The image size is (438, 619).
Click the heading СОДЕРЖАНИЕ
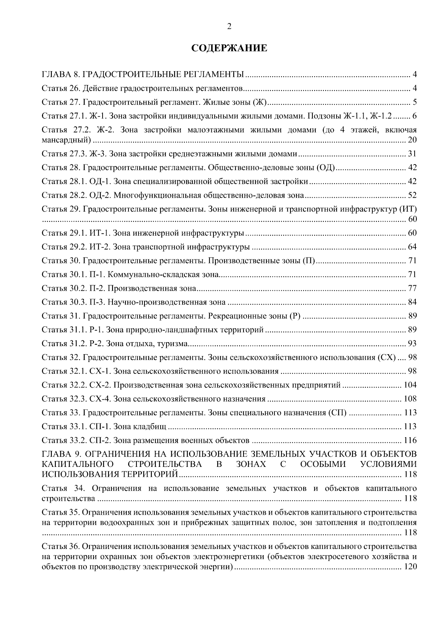[229, 48]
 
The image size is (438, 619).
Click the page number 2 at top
[229, 26]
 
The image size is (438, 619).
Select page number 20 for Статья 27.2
[412, 140]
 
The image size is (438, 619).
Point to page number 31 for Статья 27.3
[412, 154]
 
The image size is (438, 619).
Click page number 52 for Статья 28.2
[412, 196]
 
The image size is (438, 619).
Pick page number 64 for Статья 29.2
[412, 247]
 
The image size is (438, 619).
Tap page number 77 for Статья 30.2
[412, 289]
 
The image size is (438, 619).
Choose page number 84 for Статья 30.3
[412, 302]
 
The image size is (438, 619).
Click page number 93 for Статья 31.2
[412, 344]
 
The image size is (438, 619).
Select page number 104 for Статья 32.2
[410, 385]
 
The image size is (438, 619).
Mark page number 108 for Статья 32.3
[410, 399]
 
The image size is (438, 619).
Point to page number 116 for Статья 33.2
[410, 441]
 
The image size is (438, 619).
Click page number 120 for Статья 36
[410, 568]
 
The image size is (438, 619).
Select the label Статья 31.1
[64, 330]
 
